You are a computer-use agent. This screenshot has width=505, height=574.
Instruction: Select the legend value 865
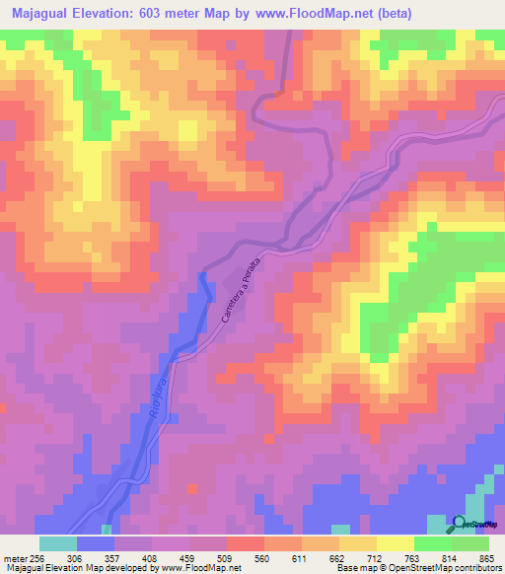pos(486,557)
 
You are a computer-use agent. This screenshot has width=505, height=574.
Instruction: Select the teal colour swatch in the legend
pos(58,543)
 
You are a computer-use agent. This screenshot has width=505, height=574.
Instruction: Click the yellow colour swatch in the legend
pos(396,543)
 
